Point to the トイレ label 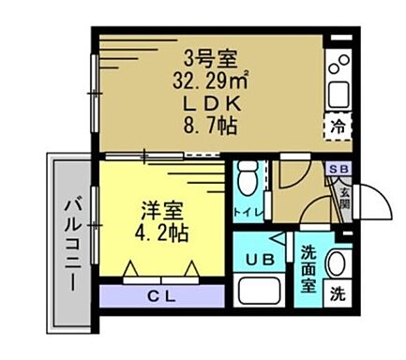(x=247, y=213)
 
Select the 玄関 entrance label (x=345, y=200)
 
